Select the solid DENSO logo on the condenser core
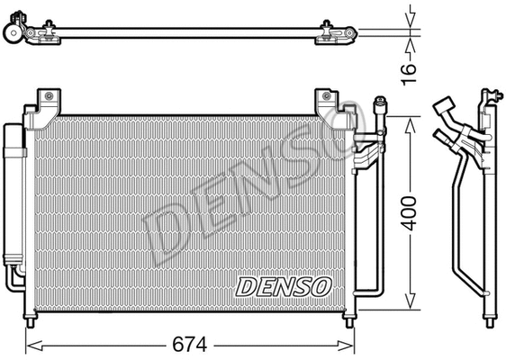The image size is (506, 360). tap(285, 286)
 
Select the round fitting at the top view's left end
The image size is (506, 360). tap(13, 33)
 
